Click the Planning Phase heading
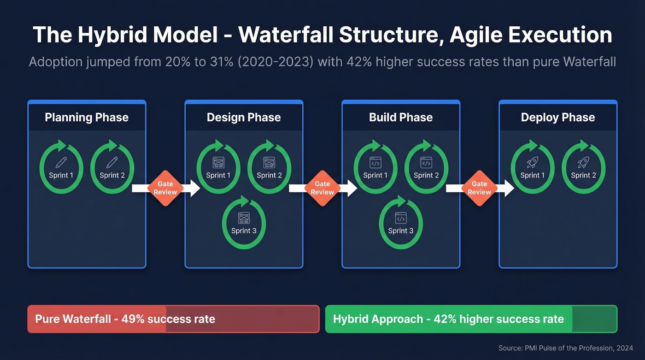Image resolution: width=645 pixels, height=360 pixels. [87, 117]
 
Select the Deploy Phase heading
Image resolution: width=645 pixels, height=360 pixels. [557, 117]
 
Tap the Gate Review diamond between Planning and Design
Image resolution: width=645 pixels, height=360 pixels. [165, 188]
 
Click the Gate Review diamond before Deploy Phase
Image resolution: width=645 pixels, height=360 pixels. [479, 188]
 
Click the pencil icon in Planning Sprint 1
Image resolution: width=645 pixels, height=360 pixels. [61, 162]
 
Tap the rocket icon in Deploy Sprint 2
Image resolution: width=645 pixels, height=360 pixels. [583, 162]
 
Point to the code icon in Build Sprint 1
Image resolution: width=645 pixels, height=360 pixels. [375, 162]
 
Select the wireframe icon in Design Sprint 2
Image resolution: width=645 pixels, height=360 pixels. [269, 162]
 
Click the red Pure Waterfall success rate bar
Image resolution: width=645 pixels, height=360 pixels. [173, 319]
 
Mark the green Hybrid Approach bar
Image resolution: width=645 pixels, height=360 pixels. [471, 319]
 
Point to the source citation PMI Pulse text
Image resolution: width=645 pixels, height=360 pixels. [566, 348]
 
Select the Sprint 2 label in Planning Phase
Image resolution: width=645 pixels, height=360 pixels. [112, 175]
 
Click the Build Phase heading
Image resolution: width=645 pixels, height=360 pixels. [401, 117]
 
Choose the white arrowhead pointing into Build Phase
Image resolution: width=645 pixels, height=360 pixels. [352, 188]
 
